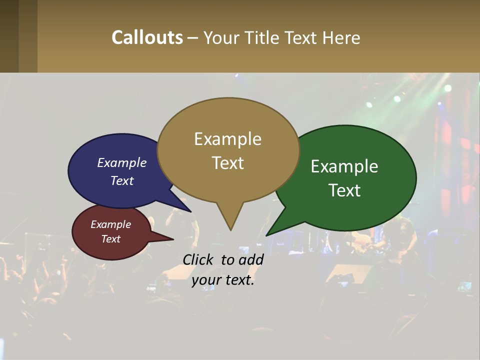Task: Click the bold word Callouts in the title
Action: [x=147, y=37]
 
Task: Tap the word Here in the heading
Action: [x=341, y=37]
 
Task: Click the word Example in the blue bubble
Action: [x=122, y=162]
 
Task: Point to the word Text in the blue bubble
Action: [x=122, y=180]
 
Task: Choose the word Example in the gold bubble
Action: [x=227, y=139]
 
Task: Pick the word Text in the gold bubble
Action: [x=227, y=163]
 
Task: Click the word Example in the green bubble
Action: [x=344, y=166]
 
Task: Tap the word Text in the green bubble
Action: [x=344, y=190]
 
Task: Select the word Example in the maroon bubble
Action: [x=111, y=224]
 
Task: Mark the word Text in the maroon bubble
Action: [x=111, y=239]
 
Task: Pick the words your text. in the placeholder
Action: [x=223, y=280]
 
